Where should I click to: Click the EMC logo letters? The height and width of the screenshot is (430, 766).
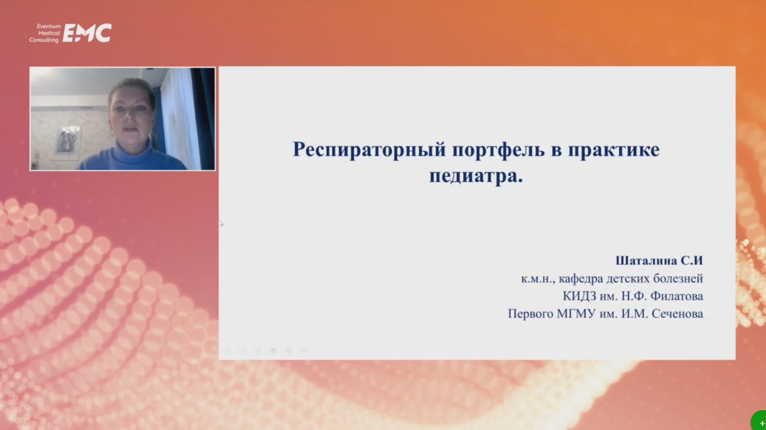point(87,33)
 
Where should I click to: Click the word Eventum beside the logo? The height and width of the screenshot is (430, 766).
point(49,26)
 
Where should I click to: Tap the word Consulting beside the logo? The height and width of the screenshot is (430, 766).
point(44,40)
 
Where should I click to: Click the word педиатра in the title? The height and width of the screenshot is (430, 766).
point(473,176)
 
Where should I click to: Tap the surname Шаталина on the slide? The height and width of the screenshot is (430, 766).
point(646,261)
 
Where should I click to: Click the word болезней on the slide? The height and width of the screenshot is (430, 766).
point(678,278)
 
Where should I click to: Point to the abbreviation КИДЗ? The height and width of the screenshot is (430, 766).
point(579,296)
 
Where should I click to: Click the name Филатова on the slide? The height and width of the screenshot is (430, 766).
point(676,296)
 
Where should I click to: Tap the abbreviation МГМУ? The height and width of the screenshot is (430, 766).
point(576,313)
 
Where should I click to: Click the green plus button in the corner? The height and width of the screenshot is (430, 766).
point(759,422)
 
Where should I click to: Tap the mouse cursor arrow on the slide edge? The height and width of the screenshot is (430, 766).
point(222,223)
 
